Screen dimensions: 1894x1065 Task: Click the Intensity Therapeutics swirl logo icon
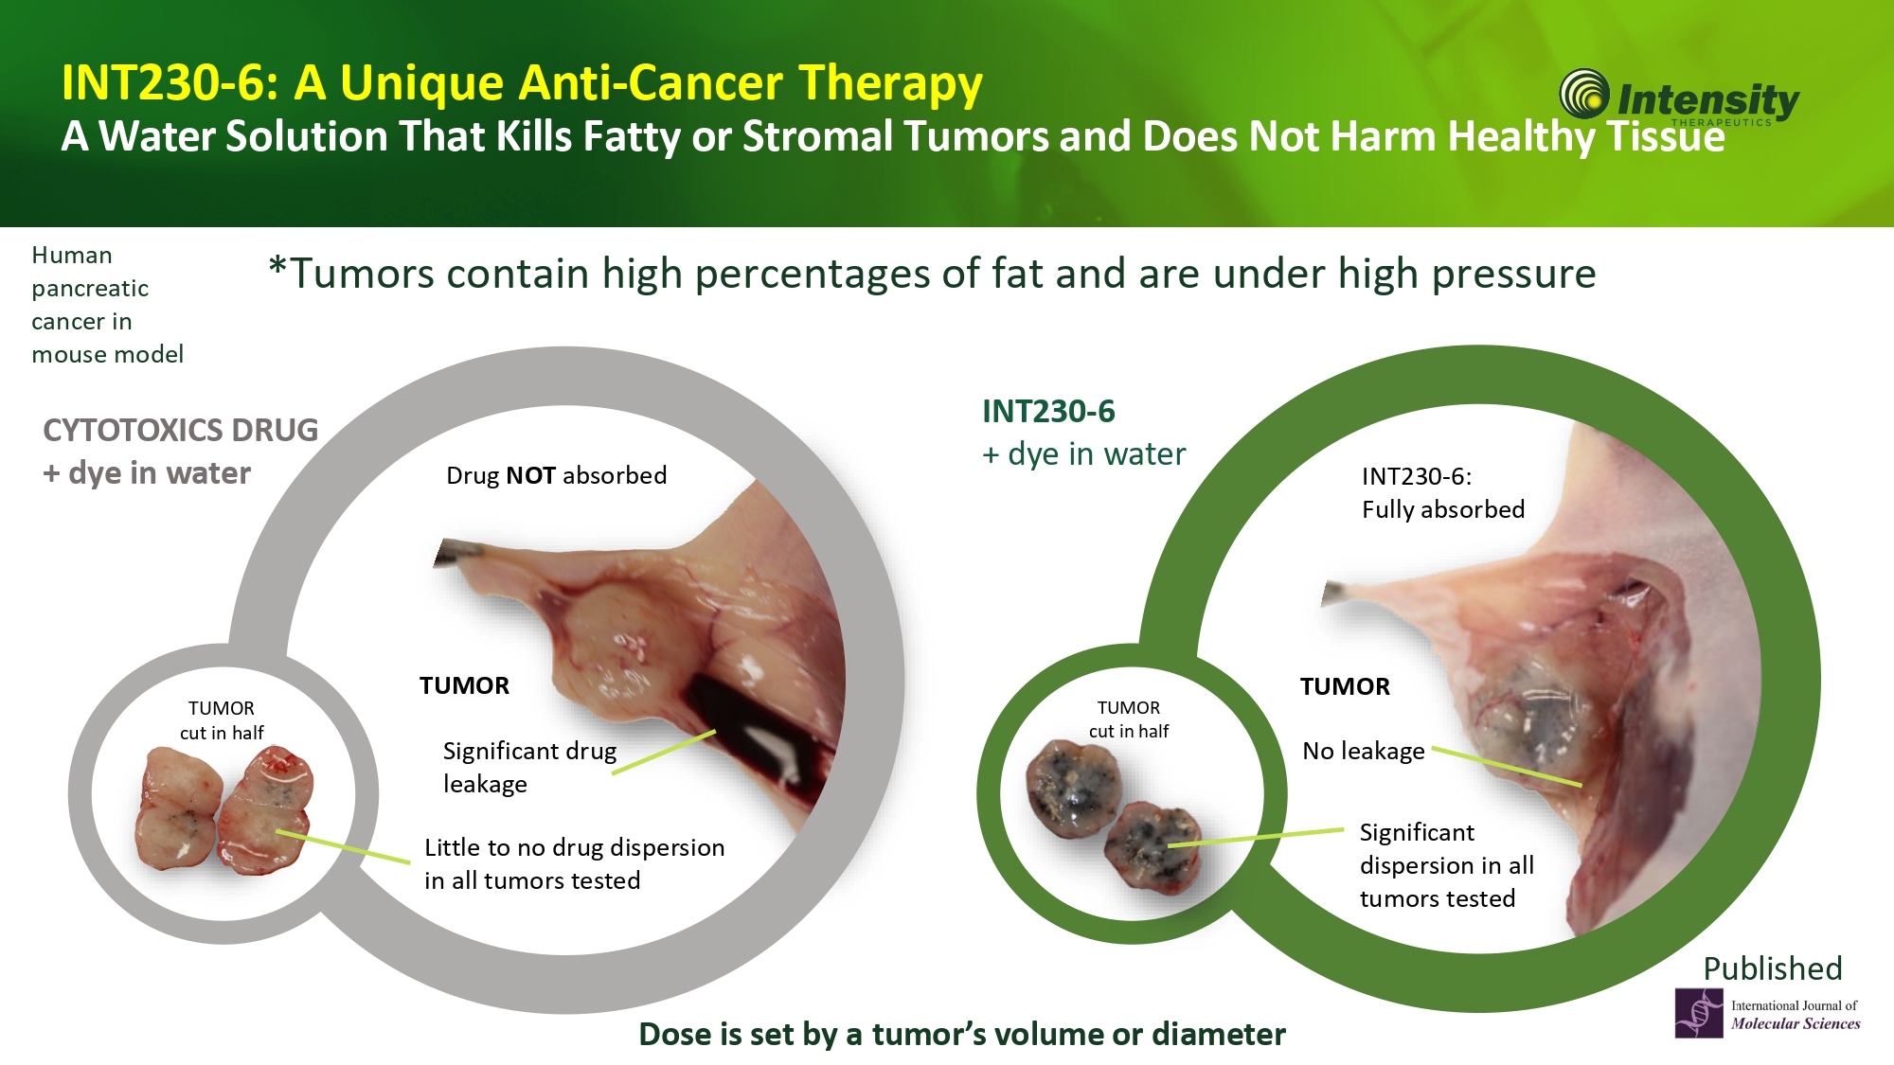coord(1584,95)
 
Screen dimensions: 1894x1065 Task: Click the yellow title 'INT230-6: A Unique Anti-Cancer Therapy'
coord(522,83)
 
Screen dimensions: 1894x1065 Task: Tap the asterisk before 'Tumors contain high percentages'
coord(277,267)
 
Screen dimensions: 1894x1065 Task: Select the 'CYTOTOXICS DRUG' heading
coord(181,430)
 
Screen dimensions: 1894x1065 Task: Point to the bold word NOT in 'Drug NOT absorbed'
coord(530,475)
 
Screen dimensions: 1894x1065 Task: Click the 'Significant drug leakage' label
coord(529,768)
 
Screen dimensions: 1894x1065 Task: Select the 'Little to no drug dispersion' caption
coord(574,863)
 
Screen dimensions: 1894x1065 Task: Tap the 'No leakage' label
coord(1364,751)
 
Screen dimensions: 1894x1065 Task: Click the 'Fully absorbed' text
coord(1443,509)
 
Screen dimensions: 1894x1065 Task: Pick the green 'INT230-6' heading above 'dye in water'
coord(1048,412)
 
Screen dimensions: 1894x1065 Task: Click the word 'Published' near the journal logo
coord(1773,968)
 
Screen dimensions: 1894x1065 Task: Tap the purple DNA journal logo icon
coord(1699,1013)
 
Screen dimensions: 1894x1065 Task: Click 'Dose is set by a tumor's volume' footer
coord(962,1034)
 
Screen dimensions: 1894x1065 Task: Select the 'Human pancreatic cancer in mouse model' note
coord(108,305)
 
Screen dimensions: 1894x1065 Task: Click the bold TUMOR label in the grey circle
coord(464,685)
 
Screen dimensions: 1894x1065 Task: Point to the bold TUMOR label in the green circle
coord(1345,686)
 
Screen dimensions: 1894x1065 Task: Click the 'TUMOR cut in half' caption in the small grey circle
coord(222,720)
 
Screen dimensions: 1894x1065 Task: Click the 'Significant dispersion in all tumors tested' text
coord(1447,865)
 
